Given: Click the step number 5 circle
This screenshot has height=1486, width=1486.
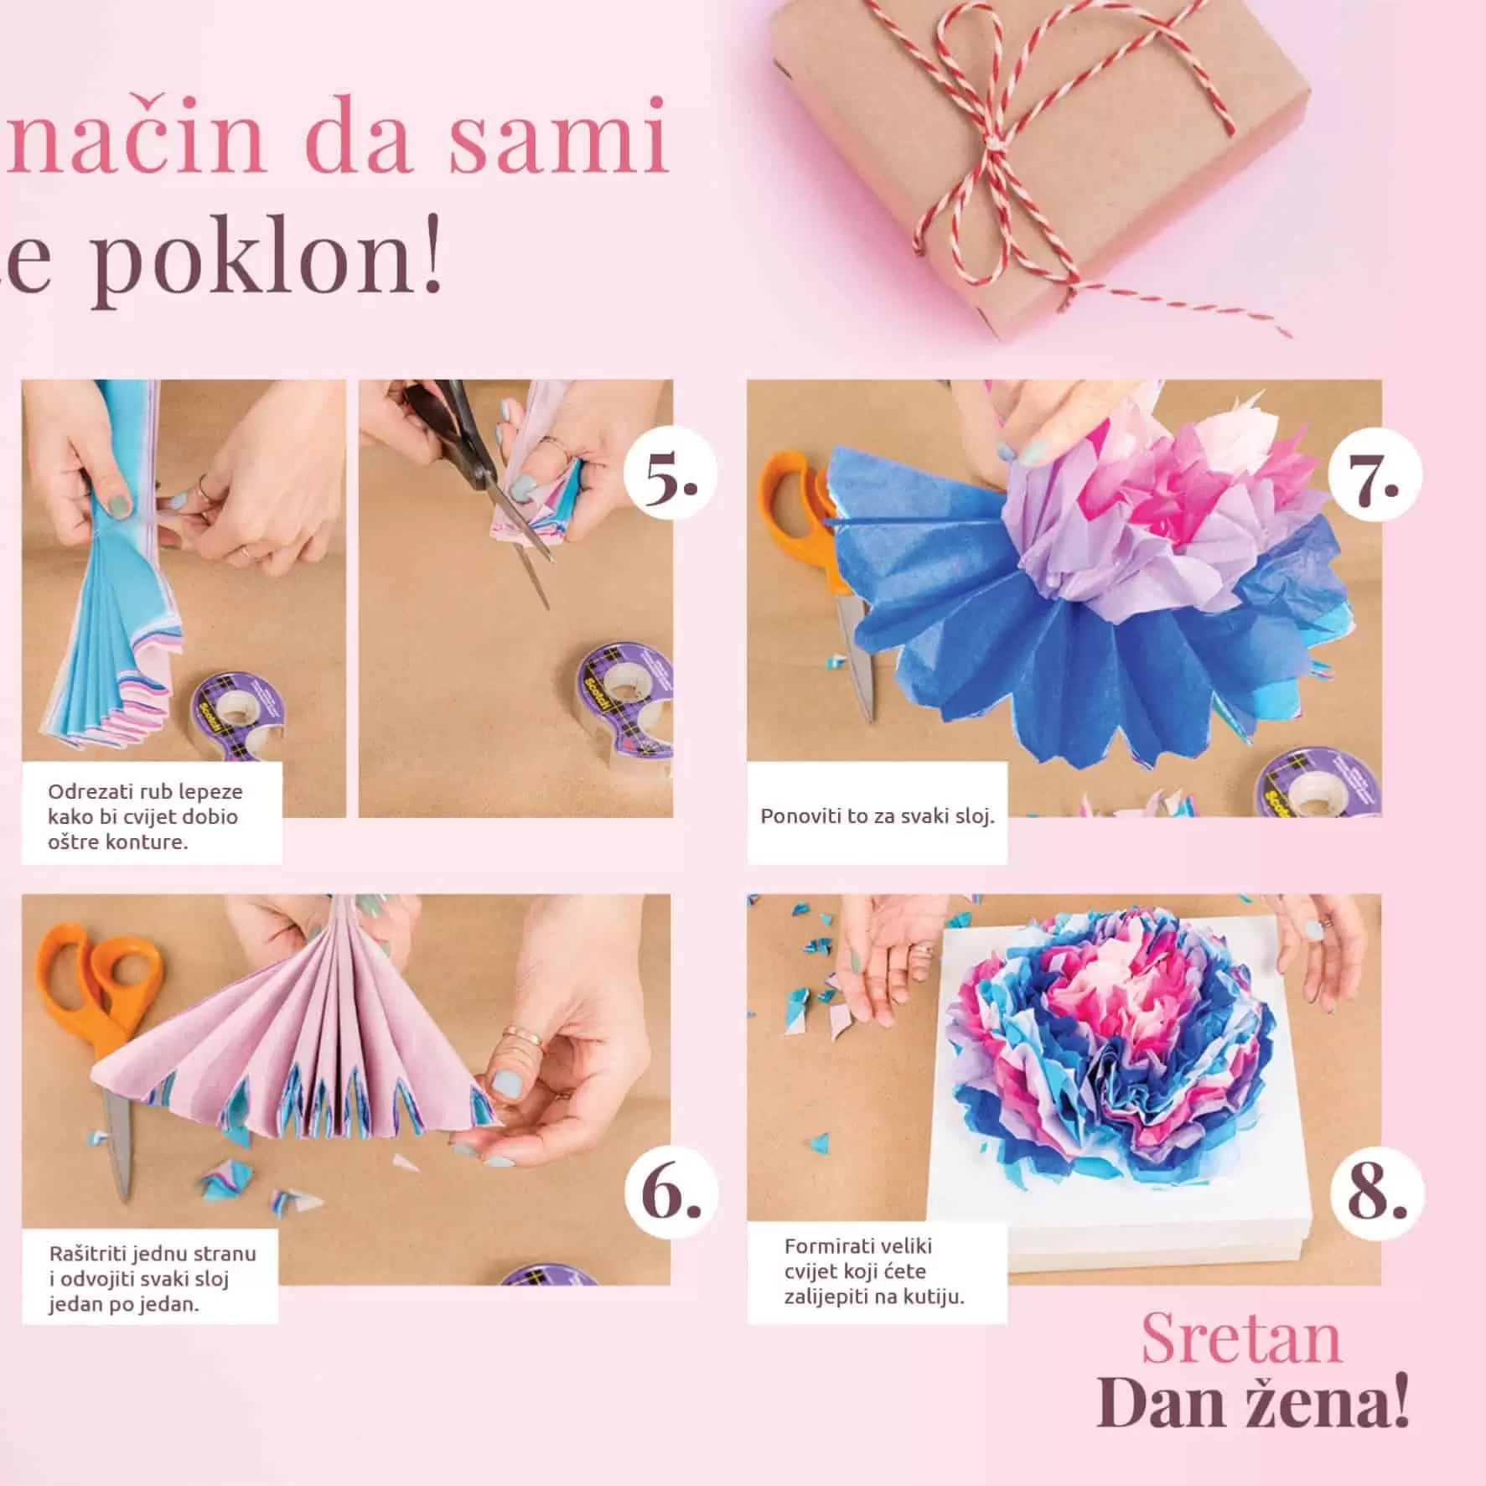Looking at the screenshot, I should [x=671, y=474].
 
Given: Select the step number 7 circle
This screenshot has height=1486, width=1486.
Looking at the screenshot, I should [x=1375, y=474].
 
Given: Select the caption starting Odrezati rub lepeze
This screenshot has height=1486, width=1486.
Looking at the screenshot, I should [x=145, y=815].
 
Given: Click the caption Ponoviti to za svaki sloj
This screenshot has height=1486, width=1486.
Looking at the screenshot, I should [x=877, y=815].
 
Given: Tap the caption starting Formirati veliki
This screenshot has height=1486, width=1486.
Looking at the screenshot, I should [x=873, y=1271].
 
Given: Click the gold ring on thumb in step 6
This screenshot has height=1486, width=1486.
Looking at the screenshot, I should [x=520, y=1040].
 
